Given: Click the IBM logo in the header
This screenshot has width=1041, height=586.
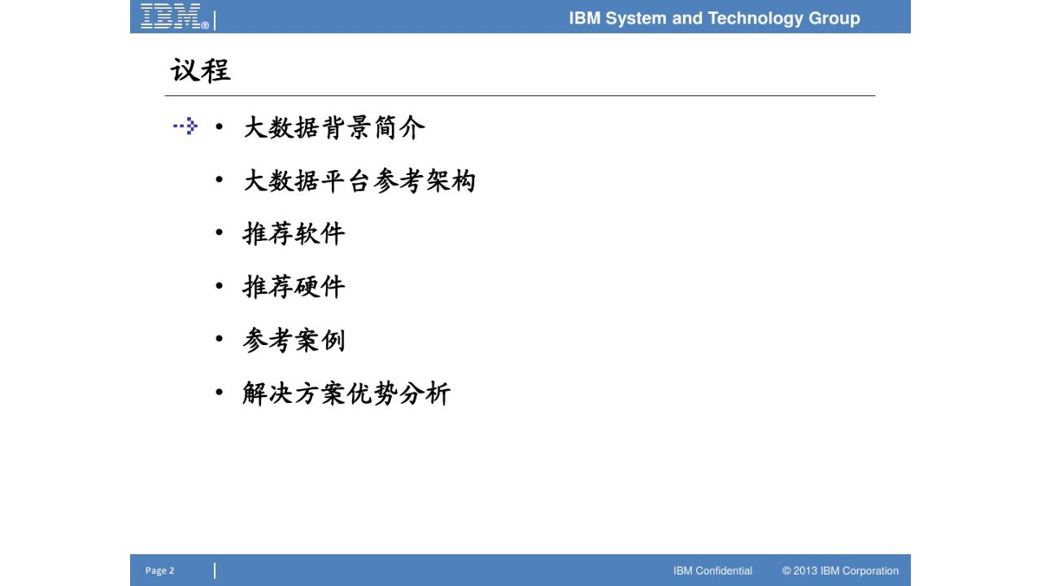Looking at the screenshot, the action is [175, 16].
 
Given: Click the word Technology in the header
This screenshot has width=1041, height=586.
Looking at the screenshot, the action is [756, 19].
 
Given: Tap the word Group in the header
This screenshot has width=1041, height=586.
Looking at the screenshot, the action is [834, 19].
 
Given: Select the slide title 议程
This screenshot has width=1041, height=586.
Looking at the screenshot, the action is [201, 71].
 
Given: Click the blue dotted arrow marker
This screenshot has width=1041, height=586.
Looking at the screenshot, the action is [185, 126].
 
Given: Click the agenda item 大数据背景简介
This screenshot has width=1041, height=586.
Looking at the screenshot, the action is [334, 128].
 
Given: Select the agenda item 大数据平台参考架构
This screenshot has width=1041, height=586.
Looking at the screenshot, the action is [359, 181].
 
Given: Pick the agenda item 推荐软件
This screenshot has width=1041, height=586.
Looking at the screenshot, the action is [294, 234].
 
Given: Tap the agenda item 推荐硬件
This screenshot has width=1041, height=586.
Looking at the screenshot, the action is [294, 286].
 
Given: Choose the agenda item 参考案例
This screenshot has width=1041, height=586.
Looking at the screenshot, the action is [294, 340].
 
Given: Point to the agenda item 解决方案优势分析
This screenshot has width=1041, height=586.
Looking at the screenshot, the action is [346, 393].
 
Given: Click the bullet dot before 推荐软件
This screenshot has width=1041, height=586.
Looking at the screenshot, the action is [220, 232].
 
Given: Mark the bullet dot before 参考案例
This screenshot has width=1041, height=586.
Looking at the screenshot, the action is [220, 338].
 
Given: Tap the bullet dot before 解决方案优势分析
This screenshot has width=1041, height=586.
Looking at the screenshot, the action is [220, 392].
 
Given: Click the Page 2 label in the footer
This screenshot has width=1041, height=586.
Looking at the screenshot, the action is [159, 571].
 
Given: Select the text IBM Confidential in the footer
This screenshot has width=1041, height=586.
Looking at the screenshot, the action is [713, 571].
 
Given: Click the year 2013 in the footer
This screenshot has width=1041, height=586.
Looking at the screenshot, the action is [805, 571].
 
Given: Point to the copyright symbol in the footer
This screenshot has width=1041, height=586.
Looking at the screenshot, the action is [786, 571].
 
